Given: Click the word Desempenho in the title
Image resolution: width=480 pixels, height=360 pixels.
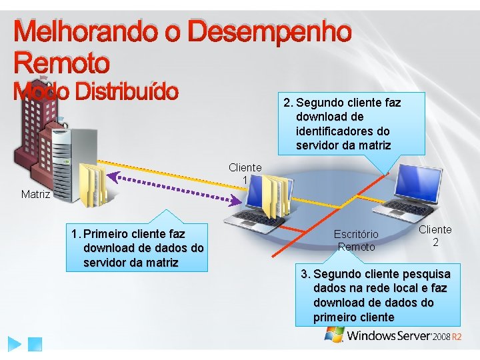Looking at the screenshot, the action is pyautogui.click(x=269, y=33).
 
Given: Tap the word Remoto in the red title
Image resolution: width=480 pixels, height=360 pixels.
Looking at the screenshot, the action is pyautogui.click(x=61, y=63).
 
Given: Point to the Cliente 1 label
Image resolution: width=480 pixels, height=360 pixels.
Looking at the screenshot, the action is pyautogui.click(x=245, y=174).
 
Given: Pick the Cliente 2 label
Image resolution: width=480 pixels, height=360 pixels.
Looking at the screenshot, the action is pyautogui.click(x=435, y=235).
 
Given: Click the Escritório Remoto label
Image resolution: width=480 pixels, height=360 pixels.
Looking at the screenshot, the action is pyautogui.click(x=356, y=241).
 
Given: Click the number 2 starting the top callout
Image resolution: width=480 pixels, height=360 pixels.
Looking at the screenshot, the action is pyautogui.click(x=287, y=103).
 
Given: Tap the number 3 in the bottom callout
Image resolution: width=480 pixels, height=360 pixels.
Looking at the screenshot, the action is pyautogui.click(x=305, y=274).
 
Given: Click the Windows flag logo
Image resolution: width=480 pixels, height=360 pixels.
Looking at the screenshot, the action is pyautogui.click(x=334, y=333).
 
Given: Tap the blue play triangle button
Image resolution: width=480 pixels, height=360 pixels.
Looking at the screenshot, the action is pyautogui.click(x=15, y=344).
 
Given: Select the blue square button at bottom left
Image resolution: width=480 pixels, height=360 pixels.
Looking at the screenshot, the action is pyautogui.click(x=35, y=344).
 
